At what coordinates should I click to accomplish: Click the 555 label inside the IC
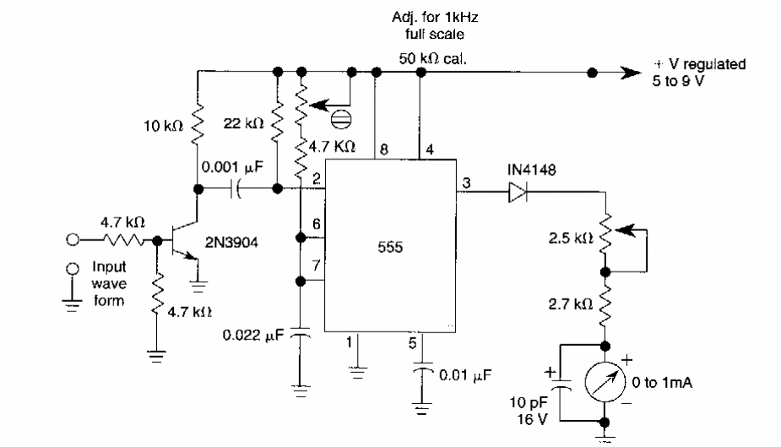tap(390, 247)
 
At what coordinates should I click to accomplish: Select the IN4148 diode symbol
tap(518, 192)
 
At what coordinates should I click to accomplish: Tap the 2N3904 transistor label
tap(231, 242)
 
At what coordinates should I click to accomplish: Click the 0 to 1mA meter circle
tap(605, 382)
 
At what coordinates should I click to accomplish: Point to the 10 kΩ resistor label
tap(163, 126)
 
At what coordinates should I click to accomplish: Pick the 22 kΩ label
tap(243, 123)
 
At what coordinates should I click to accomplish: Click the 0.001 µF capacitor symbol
tap(236, 189)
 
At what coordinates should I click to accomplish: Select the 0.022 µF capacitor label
tap(252, 335)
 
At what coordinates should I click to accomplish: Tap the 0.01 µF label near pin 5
tap(465, 374)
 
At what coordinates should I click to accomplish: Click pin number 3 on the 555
tap(466, 183)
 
